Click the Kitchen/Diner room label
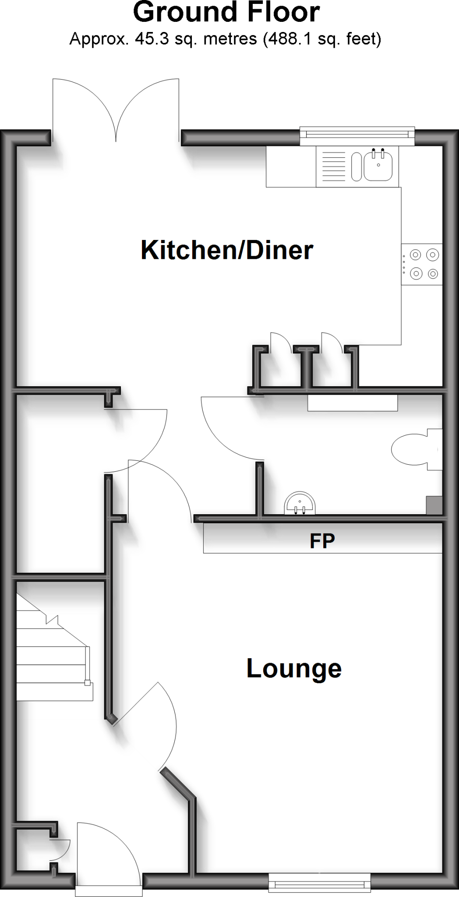point(227,251)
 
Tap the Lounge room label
point(294,668)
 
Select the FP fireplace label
point(322,541)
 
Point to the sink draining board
point(333,166)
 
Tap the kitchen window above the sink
point(357,136)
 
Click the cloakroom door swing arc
point(228,431)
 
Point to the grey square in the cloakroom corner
point(434,505)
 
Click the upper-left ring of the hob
point(416,254)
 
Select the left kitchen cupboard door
point(279,343)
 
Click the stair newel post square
point(88,682)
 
